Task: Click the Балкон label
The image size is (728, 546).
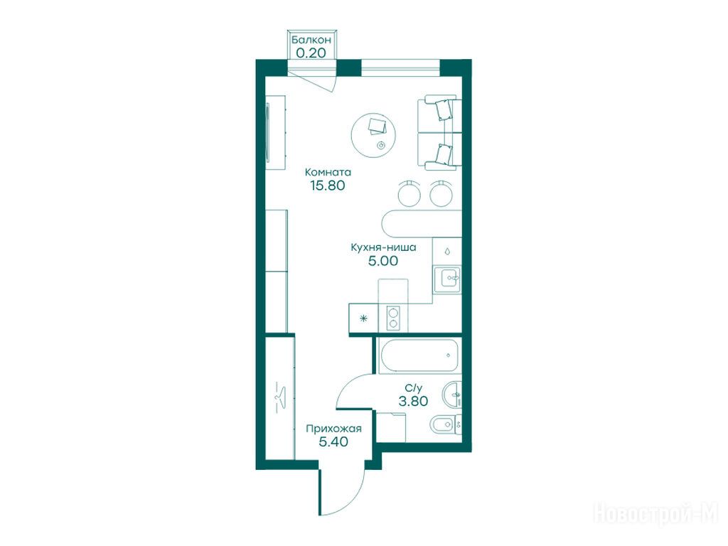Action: pos(311,40)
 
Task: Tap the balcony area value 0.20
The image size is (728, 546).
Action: pos(311,53)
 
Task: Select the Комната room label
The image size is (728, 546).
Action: pos(328,172)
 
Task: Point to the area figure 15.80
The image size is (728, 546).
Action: pos(328,186)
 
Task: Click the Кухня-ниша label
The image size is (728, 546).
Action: pos(383,247)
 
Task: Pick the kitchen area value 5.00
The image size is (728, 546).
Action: pos(383,261)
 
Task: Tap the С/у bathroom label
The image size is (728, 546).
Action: pos(414,387)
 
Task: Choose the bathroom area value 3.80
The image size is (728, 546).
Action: pos(413,401)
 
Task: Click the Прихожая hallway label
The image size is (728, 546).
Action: pos(333,429)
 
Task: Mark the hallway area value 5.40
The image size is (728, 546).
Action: pos(333,442)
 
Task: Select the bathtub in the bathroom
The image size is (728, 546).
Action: pos(419,355)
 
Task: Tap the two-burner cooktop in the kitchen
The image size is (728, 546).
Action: pos(393,318)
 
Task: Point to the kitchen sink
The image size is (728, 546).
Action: pos(447,279)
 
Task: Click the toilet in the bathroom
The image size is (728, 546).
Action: pos(445,424)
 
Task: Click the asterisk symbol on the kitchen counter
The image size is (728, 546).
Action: pos(363,318)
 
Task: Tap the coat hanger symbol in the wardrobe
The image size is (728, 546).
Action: pos(280,397)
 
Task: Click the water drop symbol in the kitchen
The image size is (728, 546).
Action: pos(447,252)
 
